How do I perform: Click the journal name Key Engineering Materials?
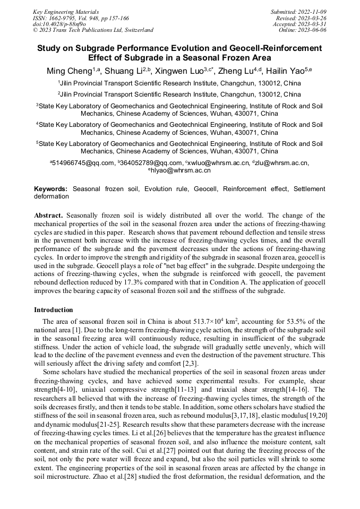tap(66, 11)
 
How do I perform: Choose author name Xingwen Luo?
tap(183, 71)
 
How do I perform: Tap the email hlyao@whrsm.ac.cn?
tap(181, 170)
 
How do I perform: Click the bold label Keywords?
tap(51, 189)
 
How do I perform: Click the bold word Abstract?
tap(49, 216)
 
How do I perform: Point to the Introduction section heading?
tap(54, 310)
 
